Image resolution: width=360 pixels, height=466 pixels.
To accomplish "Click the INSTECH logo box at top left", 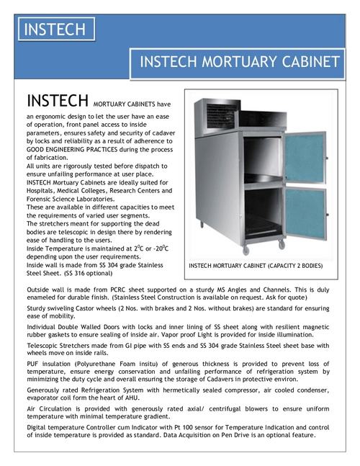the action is tap(55, 30).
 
